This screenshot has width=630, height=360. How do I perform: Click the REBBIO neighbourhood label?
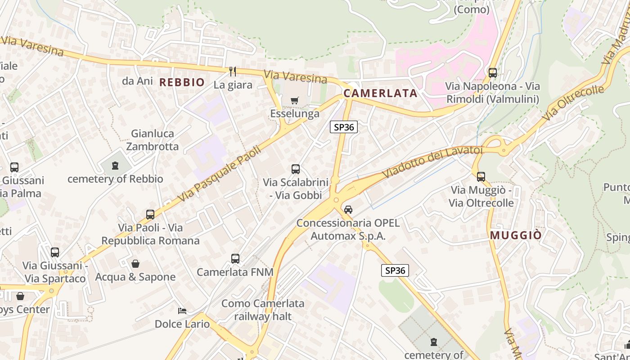(182, 82)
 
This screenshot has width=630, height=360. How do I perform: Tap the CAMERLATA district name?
(380, 94)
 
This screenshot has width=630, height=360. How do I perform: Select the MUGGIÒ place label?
(516, 235)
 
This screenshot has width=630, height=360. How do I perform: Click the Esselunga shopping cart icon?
(294, 100)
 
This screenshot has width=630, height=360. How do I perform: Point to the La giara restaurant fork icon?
(233, 71)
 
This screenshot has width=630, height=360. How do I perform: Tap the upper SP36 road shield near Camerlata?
(344, 127)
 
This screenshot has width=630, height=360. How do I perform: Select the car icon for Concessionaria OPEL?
(348, 209)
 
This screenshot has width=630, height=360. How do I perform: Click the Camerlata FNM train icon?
(235, 259)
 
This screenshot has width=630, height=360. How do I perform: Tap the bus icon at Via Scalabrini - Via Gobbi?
(295, 169)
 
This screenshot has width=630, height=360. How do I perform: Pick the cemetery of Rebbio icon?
(115, 166)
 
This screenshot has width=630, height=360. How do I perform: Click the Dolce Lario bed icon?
(182, 311)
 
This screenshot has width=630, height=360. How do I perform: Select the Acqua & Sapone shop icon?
(135, 264)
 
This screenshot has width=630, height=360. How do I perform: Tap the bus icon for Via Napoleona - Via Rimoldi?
(492, 72)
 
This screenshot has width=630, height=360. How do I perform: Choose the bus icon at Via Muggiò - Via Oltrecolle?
(481, 177)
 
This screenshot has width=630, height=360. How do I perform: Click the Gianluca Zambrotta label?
(152, 140)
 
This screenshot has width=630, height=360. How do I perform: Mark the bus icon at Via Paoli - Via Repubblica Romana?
(150, 215)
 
